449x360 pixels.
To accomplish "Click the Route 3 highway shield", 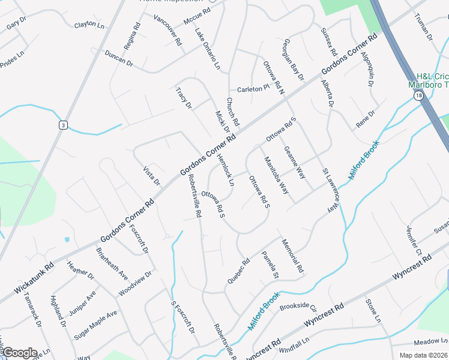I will tap(62, 125).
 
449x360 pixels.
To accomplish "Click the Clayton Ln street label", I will tap(89, 25).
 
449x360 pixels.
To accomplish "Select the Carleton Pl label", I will tap(253, 88).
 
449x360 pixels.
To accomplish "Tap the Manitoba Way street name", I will tap(277, 179).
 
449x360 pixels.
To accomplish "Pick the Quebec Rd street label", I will tap(238, 271).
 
